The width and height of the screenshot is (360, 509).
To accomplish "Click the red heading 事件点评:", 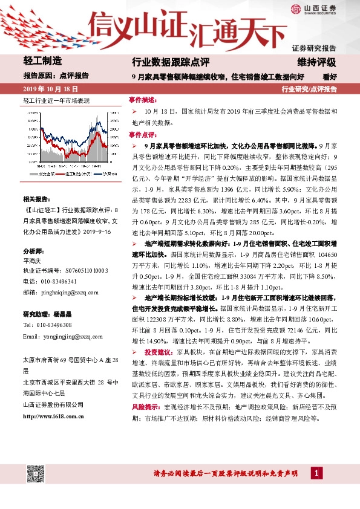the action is coord(142,135).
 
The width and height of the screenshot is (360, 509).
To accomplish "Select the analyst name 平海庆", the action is coord(32,262).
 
